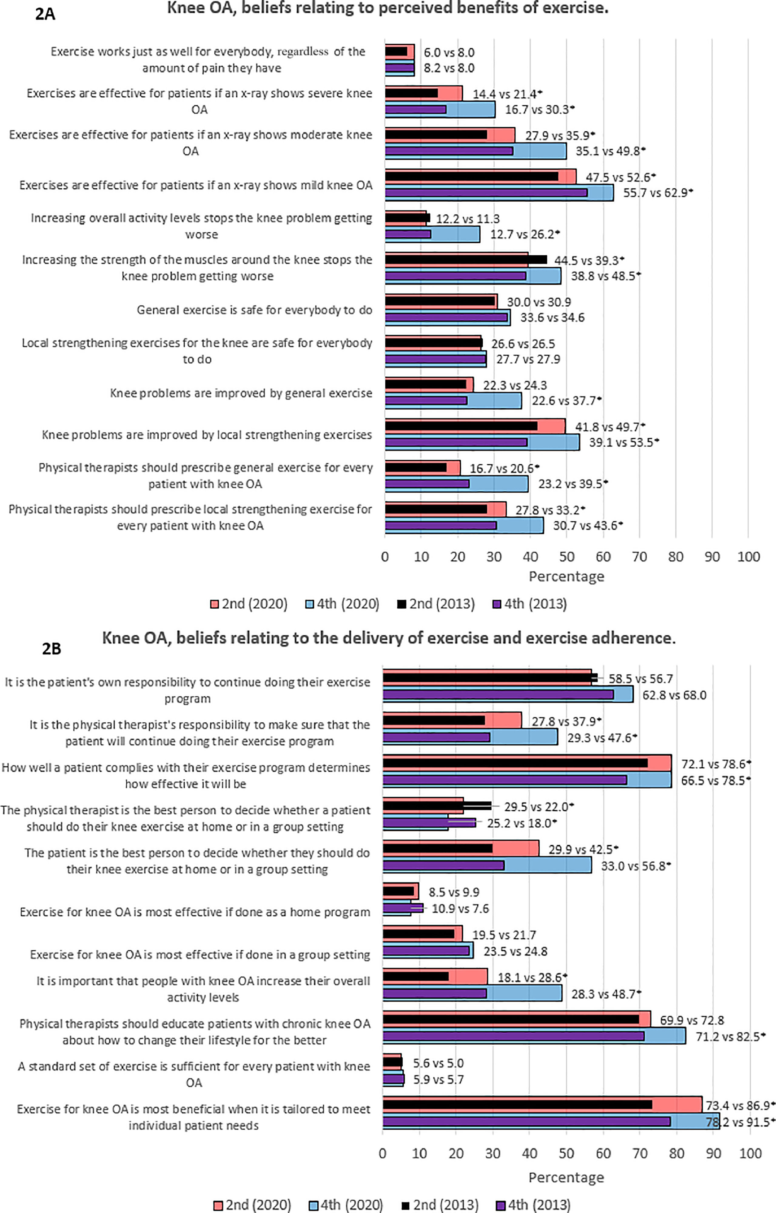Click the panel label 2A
coord(45,14)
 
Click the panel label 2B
coord(51,649)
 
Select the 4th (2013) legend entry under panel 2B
coord(534,1205)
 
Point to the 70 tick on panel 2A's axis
coord(640,557)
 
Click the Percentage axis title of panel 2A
coord(566,576)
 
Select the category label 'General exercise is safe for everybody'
coord(254,310)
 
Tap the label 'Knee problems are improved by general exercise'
coord(241,393)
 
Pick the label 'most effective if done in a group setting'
coord(200,954)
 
